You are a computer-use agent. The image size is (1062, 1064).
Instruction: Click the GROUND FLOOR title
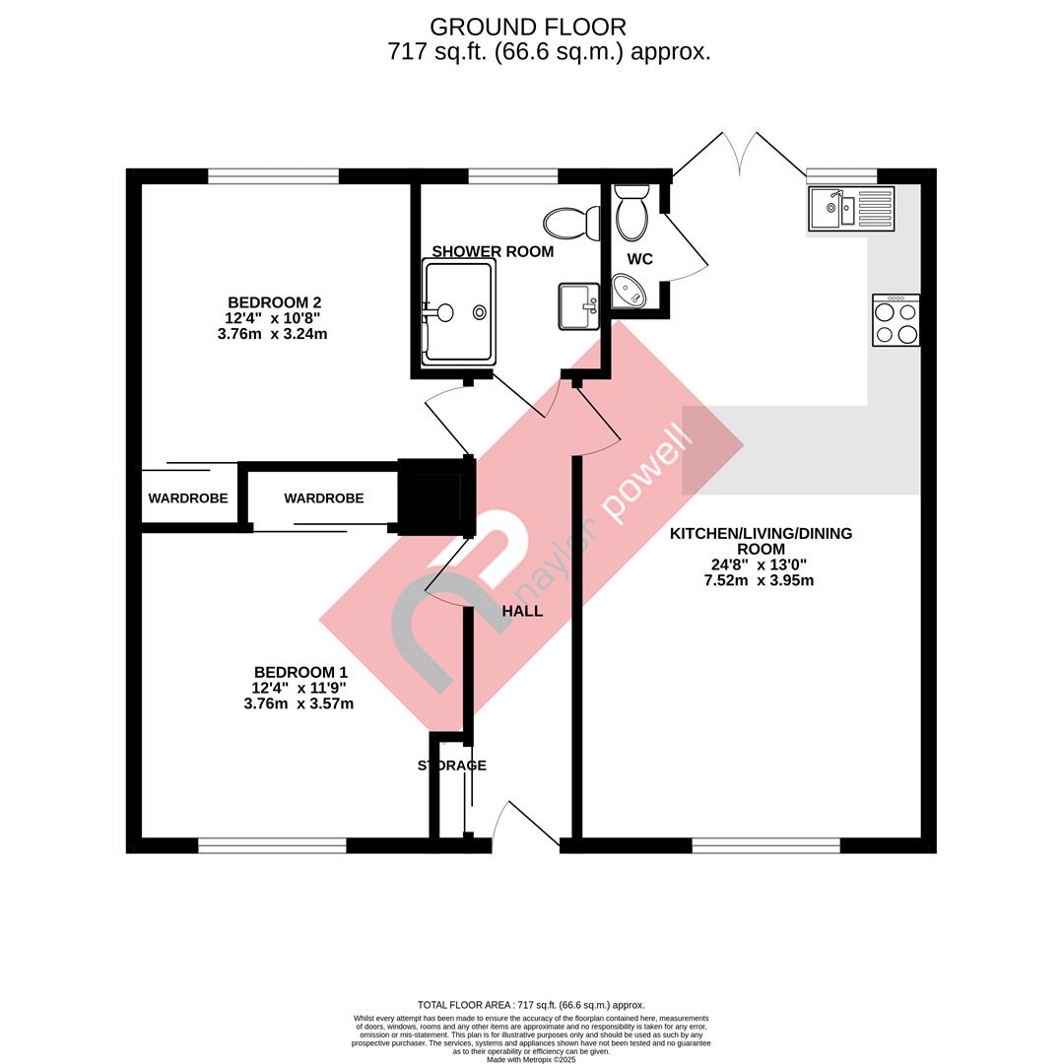coord(528,28)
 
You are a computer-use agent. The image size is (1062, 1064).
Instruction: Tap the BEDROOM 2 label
coord(274,302)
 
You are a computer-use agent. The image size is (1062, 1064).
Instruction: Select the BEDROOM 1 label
coord(300,673)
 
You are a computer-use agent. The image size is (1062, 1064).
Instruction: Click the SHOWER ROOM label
coord(493,252)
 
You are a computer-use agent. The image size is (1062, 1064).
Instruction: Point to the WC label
coord(640,259)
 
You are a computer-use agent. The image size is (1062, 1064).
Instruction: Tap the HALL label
coord(522,612)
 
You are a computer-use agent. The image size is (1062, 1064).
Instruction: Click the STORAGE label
coord(452,765)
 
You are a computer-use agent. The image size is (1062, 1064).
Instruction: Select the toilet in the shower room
coord(572,223)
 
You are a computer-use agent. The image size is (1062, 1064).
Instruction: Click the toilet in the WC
coord(632,213)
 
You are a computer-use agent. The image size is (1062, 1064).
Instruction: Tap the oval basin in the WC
coord(630,291)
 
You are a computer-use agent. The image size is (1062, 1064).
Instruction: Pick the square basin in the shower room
coord(579,306)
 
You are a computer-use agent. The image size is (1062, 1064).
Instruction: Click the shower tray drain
coord(480,312)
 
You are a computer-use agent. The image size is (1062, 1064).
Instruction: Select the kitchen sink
coord(851,208)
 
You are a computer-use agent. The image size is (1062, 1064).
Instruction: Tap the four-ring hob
coord(896,320)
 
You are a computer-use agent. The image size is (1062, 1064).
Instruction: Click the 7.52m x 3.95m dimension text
coord(760,581)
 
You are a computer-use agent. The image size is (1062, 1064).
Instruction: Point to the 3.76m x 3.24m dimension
coord(273,334)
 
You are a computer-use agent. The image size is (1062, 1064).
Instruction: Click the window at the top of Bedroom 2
coord(273,176)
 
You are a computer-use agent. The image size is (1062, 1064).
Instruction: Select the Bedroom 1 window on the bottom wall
coord(272,845)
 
